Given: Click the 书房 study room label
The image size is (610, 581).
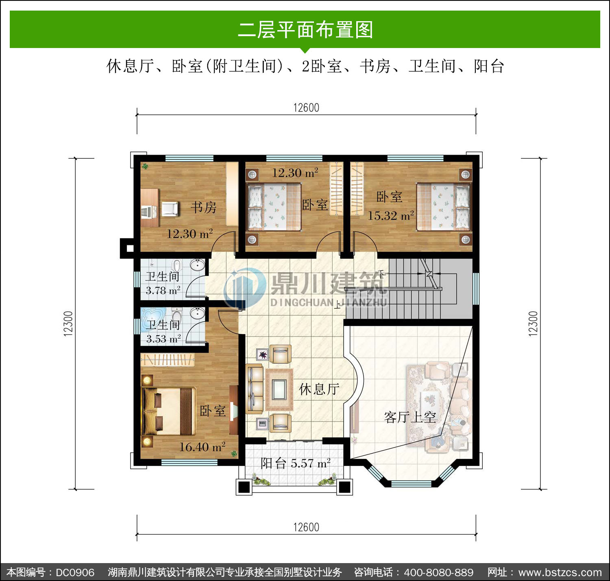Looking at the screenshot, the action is point(203,207).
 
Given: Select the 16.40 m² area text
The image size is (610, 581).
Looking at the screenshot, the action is point(202,447).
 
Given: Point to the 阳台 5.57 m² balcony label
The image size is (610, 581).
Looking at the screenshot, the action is point(295,463).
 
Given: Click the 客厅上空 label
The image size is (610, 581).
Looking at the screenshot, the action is point(410,417).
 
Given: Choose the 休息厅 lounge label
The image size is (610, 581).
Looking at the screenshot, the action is point(319,389).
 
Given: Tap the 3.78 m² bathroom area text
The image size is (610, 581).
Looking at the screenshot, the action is point(163,290).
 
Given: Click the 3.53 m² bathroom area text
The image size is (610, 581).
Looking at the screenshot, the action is point(163,339).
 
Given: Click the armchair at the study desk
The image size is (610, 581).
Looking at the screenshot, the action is point(170,209).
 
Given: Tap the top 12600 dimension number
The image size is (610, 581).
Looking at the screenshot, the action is point(306,108).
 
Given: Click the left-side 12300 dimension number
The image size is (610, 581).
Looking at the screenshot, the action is point(68,323).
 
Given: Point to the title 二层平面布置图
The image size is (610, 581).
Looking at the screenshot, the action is point(305,30).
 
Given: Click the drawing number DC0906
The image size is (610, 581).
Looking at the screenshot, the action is point(75,572).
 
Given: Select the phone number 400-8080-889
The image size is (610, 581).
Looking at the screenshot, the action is point(439,572).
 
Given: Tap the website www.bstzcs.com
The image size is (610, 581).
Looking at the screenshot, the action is point(560,572).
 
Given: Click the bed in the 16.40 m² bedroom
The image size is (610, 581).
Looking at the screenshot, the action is point(169,411).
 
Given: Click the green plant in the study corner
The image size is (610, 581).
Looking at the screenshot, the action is point(145,166).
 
